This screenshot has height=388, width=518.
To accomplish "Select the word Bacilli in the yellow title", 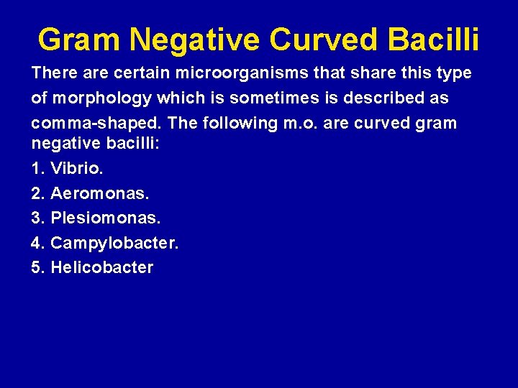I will pyautogui.click(x=433, y=40).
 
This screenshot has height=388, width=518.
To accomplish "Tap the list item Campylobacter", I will pyautogui.click(x=114, y=244).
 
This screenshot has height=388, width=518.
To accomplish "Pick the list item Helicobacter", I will pyautogui.click(x=101, y=268).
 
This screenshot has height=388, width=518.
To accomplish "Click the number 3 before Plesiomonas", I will pyautogui.click(x=37, y=218).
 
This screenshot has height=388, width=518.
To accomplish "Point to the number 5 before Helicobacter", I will pyautogui.click(x=37, y=268).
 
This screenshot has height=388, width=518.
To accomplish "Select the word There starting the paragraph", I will pyautogui.click(x=53, y=73).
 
